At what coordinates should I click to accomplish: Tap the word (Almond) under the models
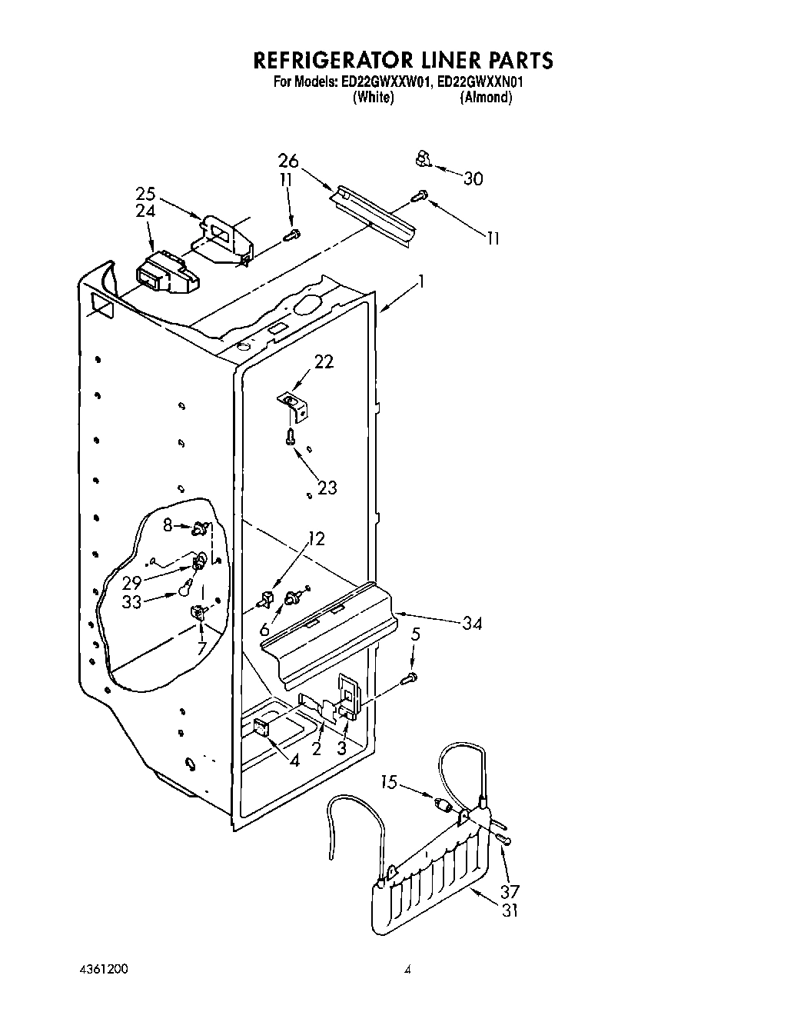click(x=486, y=98)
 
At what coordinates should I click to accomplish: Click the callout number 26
click(x=288, y=161)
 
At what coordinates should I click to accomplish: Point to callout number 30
click(x=473, y=178)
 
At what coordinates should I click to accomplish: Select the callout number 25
click(x=145, y=194)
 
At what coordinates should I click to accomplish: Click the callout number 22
click(x=324, y=361)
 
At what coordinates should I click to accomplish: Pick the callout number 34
click(x=471, y=623)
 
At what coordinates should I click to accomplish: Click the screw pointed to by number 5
click(x=412, y=677)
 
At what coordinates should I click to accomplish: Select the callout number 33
click(x=132, y=601)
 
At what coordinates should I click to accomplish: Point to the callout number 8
click(x=168, y=527)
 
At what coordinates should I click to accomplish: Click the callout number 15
click(x=390, y=783)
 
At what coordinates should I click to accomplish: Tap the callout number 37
click(x=510, y=891)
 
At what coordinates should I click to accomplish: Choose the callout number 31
click(x=510, y=910)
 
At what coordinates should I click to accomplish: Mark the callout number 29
click(x=131, y=582)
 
